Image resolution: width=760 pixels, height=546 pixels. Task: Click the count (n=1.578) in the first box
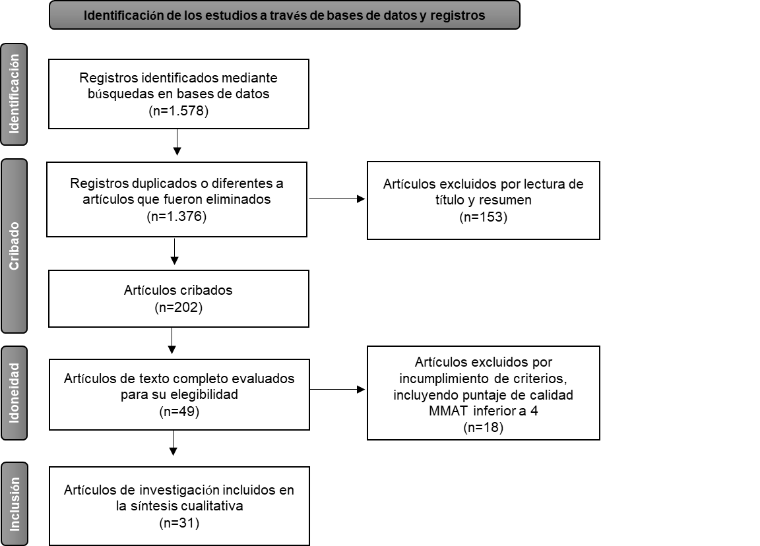point(179,111)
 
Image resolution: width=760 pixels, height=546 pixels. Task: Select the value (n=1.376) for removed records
point(177,216)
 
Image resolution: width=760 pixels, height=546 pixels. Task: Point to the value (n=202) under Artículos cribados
point(179,307)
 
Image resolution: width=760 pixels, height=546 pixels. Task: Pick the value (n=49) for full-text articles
point(179,411)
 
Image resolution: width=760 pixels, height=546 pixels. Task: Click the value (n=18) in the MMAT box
point(483,427)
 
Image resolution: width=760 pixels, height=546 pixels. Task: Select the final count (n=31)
point(179,524)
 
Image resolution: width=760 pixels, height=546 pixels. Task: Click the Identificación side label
point(14,94)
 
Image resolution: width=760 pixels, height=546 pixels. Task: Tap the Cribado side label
point(14,246)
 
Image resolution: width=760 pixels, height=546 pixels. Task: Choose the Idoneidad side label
point(14,393)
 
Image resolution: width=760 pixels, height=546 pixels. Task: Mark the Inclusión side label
point(14,504)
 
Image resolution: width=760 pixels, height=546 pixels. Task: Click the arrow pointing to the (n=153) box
point(336,198)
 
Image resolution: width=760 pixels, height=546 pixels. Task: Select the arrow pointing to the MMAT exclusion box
point(336,390)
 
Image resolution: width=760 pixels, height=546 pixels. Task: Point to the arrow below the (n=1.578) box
point(177,142)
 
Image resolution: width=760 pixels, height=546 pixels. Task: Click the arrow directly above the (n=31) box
point(173,443)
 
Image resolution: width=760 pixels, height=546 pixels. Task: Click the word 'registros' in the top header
point(457,16)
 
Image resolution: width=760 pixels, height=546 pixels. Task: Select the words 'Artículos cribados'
point(178,290)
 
